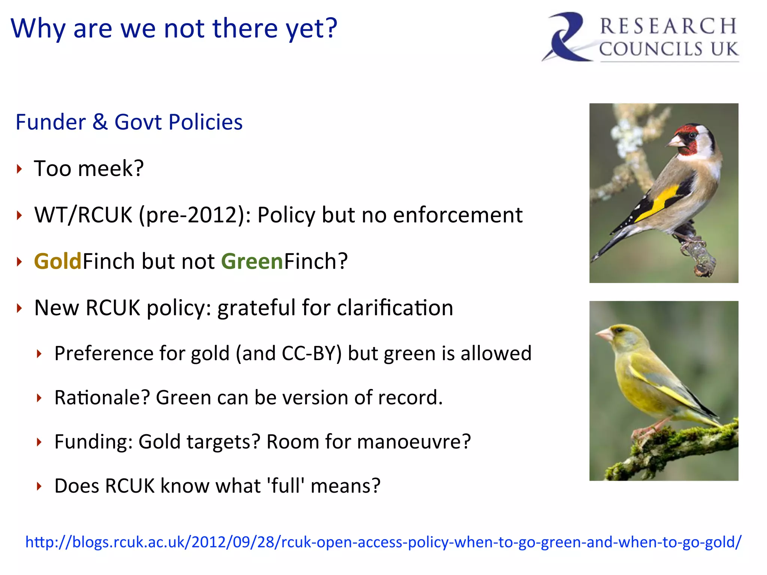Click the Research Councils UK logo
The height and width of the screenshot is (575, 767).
point(640,37)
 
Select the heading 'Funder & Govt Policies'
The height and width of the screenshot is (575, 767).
point(129,122)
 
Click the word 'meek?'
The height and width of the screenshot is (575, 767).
point(111,168)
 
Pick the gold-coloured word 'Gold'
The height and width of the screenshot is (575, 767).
point(58,261)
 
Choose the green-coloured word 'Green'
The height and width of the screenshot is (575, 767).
point(252,261)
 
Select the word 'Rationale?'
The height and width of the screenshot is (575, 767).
point(102,398)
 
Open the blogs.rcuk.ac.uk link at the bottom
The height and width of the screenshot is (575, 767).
point(383,542)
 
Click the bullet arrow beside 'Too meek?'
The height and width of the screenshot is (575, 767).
point(19,169)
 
